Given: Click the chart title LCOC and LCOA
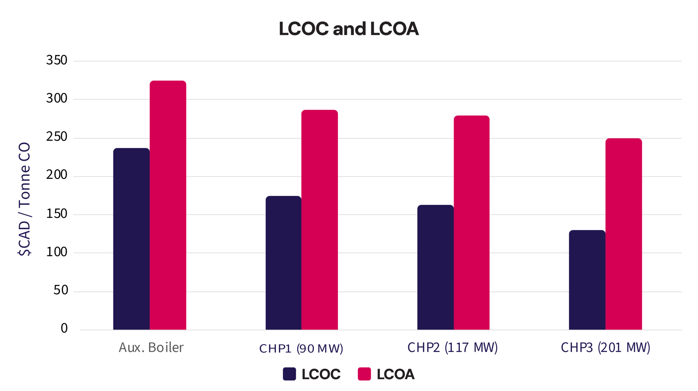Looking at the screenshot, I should (x=348, y=29).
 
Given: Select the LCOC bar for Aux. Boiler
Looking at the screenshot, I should (x=131, y=239).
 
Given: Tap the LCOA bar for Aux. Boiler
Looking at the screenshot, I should (x=168, y=205).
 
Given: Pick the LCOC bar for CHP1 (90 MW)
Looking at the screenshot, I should (x=283, y=263).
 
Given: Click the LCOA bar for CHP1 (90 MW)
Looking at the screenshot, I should (x=319, y=220).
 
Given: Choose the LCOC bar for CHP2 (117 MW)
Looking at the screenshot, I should (x=435, y=267).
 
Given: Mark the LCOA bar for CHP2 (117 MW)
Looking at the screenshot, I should (x=471, y=223).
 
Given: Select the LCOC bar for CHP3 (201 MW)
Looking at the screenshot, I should (x=587, y=280).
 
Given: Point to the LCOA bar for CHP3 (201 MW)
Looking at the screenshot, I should (x=624, y=234).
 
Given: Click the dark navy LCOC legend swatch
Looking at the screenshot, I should (x=289, y=374).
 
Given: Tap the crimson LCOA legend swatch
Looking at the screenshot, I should (x=364, y=374).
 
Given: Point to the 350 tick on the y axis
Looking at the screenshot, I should (x=57, y=60).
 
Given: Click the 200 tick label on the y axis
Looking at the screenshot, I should (x=57, y=175).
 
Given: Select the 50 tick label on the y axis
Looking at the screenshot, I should (x=61, y=290).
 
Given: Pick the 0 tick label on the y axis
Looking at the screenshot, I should (x=64, y=328).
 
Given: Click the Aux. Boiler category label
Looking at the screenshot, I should (x=151, y=348).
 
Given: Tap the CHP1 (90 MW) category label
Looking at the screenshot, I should (x=301, y=348).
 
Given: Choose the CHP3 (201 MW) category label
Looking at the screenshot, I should (x=605, y=348).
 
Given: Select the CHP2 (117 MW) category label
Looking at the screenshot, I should (x=452, y=348).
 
